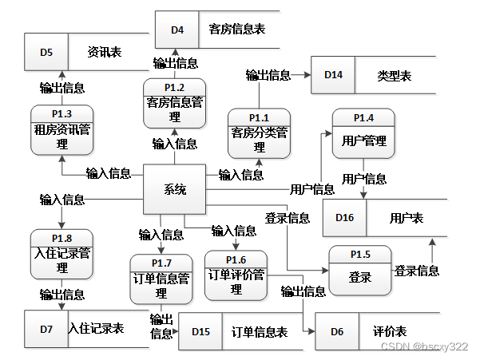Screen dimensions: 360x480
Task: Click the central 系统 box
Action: tap(175, 189)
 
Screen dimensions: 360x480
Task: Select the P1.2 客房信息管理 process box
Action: tap(175, 103)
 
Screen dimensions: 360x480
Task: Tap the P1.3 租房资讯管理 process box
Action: tap(62, 129)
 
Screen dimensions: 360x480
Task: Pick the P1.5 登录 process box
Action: tap(360, 271)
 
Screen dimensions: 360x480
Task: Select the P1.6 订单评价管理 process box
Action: tap(236, 276)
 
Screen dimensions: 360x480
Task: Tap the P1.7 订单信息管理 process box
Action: tap(161, 279)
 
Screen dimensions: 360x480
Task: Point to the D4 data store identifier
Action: tap(177, 30)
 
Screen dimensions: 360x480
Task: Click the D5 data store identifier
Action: tap(46, 53)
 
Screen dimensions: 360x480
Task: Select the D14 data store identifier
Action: tap(333, 76)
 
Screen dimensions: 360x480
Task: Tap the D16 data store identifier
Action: tap(344, 218)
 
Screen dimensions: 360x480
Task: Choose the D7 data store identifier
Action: tap(46, 328)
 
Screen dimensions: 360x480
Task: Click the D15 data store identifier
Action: tap(201, 331)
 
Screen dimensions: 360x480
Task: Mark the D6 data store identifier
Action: tap(337, 331)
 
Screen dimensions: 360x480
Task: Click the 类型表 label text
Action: tap(394, 76)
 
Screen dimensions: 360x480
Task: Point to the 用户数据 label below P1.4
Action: tap(364, 178)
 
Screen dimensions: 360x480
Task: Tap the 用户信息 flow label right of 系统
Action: tap(312, 189)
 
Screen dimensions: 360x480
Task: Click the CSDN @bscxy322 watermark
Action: tap(424, 347)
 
